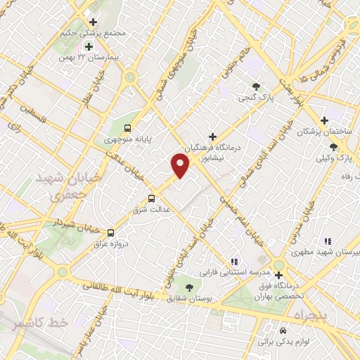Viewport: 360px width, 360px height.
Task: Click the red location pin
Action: pyautogui.click(x=180, y=165)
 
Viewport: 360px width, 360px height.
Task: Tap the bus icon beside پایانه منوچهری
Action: pyautogui.click(x=127, y=128)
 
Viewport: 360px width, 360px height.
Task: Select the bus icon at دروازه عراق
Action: pyautogui.click(x=110, y=233)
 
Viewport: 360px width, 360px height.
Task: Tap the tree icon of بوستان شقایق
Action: pyautogui.click(x=188, y=286)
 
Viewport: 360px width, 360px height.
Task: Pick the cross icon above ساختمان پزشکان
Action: pyautogui.click(x=324, y=120)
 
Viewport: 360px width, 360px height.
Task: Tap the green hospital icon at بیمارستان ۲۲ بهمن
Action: pyautogui.click(x=89, y=46)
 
